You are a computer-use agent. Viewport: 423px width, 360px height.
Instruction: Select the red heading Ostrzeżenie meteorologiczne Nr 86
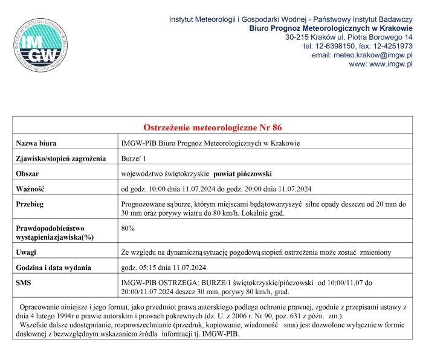coord(212,127)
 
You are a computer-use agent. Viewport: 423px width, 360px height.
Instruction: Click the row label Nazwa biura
coord(36,143)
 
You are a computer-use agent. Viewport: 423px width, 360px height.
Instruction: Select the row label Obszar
coord(28,173)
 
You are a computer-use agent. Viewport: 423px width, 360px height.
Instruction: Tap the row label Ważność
coord(30,188)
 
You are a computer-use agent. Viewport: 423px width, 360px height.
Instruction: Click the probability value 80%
coord(128,228)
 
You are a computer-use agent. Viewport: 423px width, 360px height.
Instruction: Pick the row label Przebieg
coord(30,204)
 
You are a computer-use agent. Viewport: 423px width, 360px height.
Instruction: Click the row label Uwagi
coord(26,251)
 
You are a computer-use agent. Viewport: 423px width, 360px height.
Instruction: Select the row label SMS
coord(24,282)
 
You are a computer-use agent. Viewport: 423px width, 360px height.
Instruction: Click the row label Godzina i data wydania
coord(54,266)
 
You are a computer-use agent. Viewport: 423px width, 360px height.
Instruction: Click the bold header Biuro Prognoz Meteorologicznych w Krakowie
coord(331,28)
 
